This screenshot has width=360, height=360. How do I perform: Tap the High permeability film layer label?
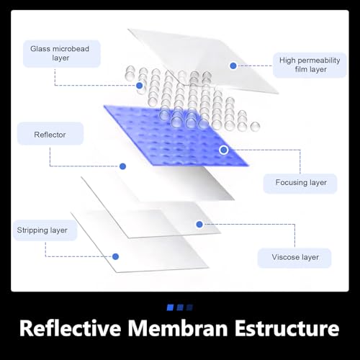[x=310, y=65]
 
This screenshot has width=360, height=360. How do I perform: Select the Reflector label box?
[x=50, y=134]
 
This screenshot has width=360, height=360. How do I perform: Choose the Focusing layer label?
[x=300, y=183]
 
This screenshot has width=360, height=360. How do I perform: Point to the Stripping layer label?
[x=45, y=230]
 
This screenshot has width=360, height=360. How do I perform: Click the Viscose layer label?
[x=294, y=258]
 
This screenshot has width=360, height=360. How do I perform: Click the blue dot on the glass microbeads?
[x=139, y=86]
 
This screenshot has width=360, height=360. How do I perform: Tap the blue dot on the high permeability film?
[x=233, y=66]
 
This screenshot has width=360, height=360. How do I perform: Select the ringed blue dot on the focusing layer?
[x=224, y=150]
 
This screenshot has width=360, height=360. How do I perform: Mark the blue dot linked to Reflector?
[x=122, y=166]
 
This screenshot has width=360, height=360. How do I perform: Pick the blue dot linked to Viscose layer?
[x=199, y=225]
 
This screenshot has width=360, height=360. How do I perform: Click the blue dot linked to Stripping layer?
[x=115, y=256]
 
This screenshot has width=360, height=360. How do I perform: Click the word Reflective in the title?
[x=71, y=328]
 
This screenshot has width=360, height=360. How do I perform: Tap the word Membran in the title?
[x=177, y=328]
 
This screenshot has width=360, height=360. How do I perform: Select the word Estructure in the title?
[x=287, y=328]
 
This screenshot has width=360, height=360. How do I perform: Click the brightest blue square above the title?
[x=170, y=307]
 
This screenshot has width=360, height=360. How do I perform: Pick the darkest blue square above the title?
[x=189, y=307]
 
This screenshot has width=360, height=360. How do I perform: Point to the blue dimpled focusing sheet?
[x=176, y=135]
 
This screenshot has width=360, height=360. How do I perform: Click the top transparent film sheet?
[x=204, y=60]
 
